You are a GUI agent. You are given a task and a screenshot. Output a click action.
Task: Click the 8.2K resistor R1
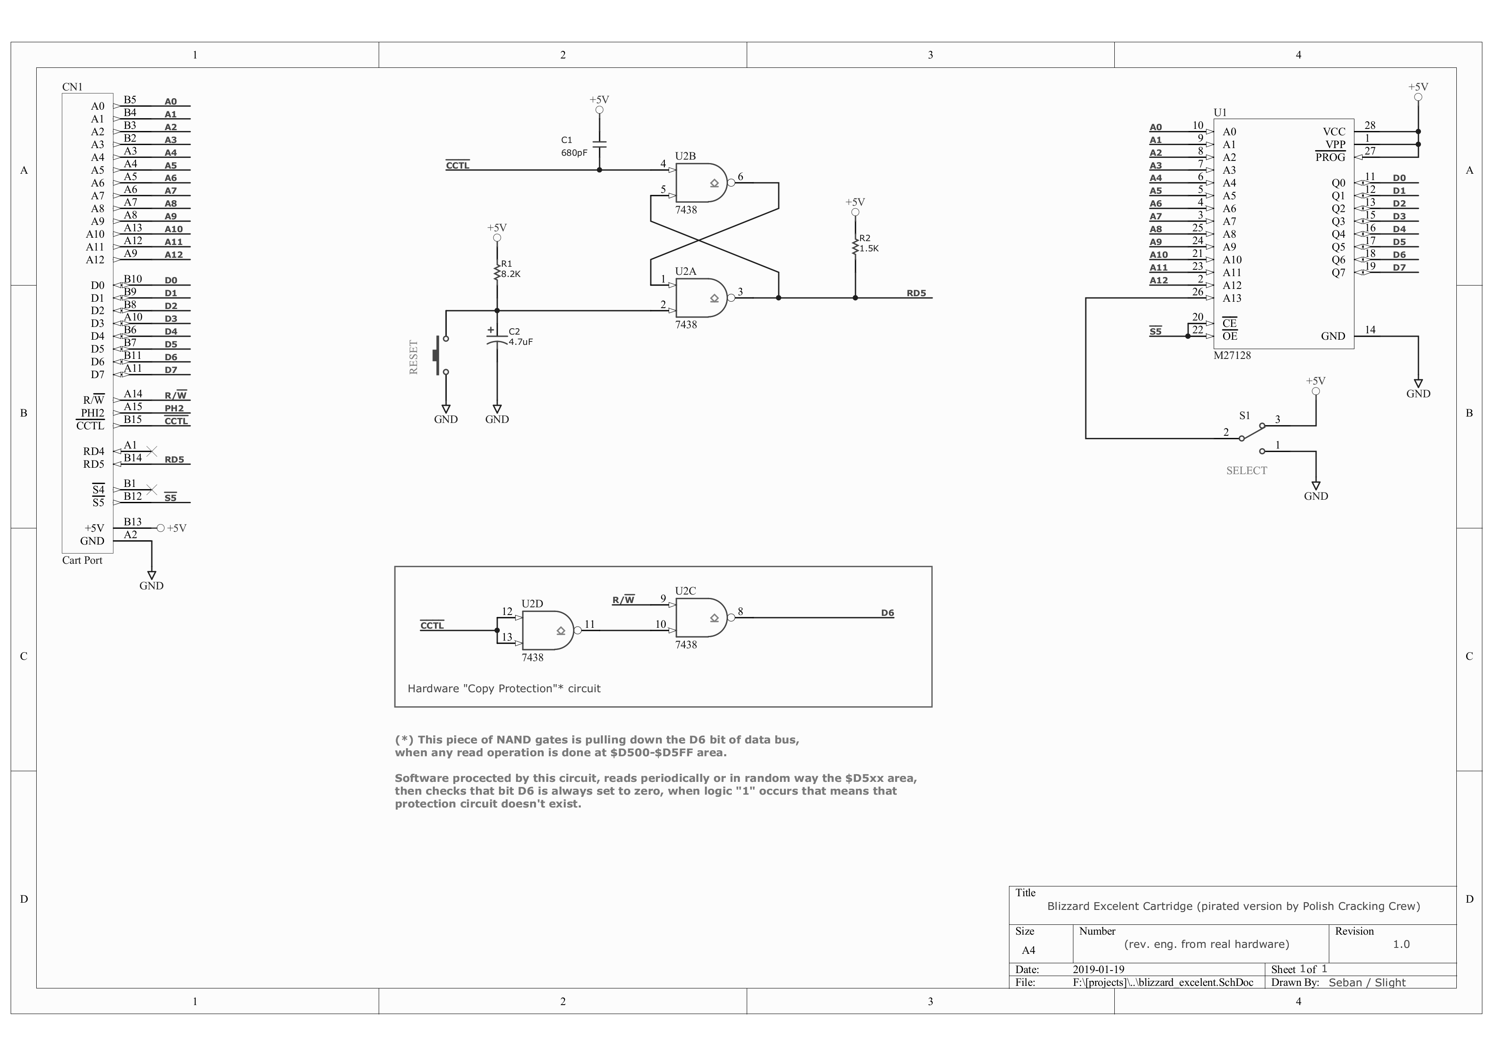497,270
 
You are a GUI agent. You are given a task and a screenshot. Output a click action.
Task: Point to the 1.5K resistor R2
855,245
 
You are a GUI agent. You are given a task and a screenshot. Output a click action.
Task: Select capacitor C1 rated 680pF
600,143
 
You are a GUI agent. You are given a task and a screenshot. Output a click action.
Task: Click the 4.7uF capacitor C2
497,338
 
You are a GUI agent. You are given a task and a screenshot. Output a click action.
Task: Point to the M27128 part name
1232,355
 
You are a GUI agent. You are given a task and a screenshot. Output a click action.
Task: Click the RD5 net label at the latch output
916,293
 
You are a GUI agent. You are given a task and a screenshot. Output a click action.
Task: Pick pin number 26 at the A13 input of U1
1197,292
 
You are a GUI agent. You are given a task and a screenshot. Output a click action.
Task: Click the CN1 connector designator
72,87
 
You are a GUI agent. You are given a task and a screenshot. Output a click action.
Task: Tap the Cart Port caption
82,560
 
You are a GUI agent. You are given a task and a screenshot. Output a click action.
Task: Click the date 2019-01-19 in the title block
1099,969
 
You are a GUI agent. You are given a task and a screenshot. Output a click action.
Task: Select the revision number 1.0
1401,944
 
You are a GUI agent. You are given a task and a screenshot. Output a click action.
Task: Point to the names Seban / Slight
1367,982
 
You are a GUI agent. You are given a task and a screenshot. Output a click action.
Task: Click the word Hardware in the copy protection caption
433,688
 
